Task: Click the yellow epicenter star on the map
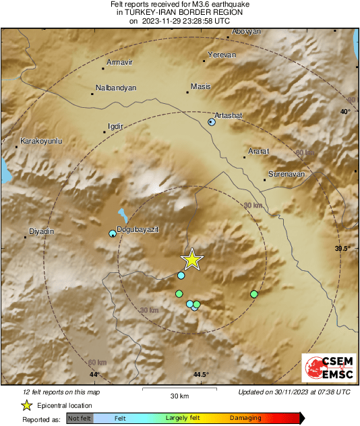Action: click(x=192, y=260)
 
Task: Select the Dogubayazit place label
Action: click(x=138, y=230)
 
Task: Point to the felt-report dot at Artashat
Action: click(x=212, y=122)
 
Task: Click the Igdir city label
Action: click(x=117, y=125)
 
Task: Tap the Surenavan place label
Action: click(x=287, y=173)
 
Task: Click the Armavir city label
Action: click(x=120, y=62)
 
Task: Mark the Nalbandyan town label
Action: click(x=117, y=88)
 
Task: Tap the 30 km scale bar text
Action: click(x=179, y=395)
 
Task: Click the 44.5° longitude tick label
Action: click(x=201, y=375)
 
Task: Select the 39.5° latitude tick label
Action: click(x=343, y=249)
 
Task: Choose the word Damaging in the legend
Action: click(x=245, y=419)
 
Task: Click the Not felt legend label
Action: click(x=80, y=419)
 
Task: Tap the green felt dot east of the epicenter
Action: click(x=254, y=294)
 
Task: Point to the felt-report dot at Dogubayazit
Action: click(x=113, y=233)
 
